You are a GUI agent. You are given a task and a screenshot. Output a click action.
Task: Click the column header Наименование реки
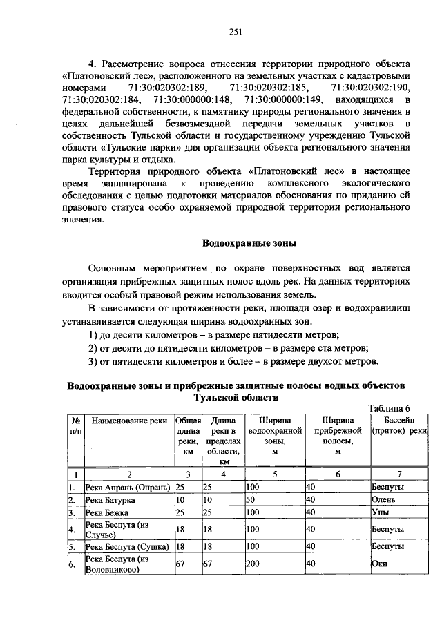129,420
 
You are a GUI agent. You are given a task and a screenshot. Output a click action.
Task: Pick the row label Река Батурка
110,500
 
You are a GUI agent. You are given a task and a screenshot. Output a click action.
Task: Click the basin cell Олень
383,500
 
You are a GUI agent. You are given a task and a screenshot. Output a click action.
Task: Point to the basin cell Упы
380,513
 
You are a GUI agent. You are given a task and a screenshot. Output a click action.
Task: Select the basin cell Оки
380,564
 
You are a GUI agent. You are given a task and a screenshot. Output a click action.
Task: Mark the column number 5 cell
274,474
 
